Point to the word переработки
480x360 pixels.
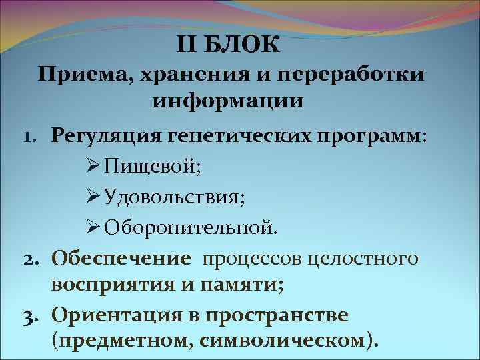click(347, 74)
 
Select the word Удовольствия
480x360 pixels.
click(160, 197)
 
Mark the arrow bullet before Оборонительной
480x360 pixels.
click(93, 227)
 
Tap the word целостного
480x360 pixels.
click(362, 257)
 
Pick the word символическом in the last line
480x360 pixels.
click(300, 341)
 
